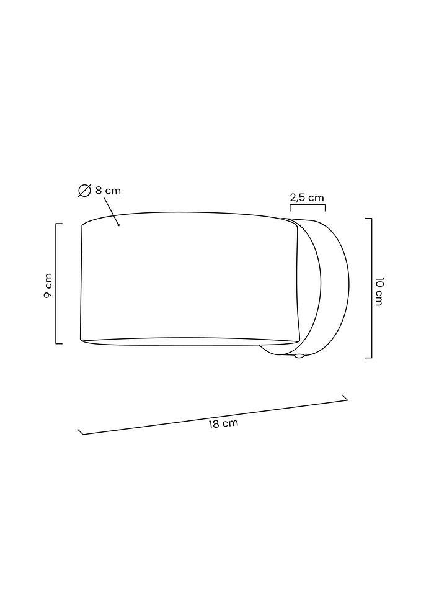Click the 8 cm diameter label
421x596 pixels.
click(108, 190)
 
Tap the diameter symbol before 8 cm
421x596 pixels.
click(84, 191)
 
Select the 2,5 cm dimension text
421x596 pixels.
click(307, 197)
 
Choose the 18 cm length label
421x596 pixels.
click(223, 423)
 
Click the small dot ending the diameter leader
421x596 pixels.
click(119, 225)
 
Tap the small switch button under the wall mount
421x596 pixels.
click(299, 356)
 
